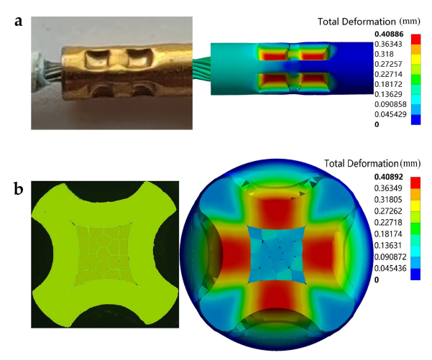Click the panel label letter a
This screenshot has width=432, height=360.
[19, 22]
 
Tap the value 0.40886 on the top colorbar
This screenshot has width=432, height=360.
[389, 34]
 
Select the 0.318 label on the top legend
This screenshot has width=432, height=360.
[384, 54]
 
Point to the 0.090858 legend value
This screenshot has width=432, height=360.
[390, 104]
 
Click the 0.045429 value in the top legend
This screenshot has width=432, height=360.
[390, 114]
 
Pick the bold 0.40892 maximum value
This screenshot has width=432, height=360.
[388, 177]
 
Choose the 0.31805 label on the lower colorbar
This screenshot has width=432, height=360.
[388, 200]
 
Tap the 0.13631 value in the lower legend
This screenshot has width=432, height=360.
[388, 245]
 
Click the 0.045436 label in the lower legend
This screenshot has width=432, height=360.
[390, 268]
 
